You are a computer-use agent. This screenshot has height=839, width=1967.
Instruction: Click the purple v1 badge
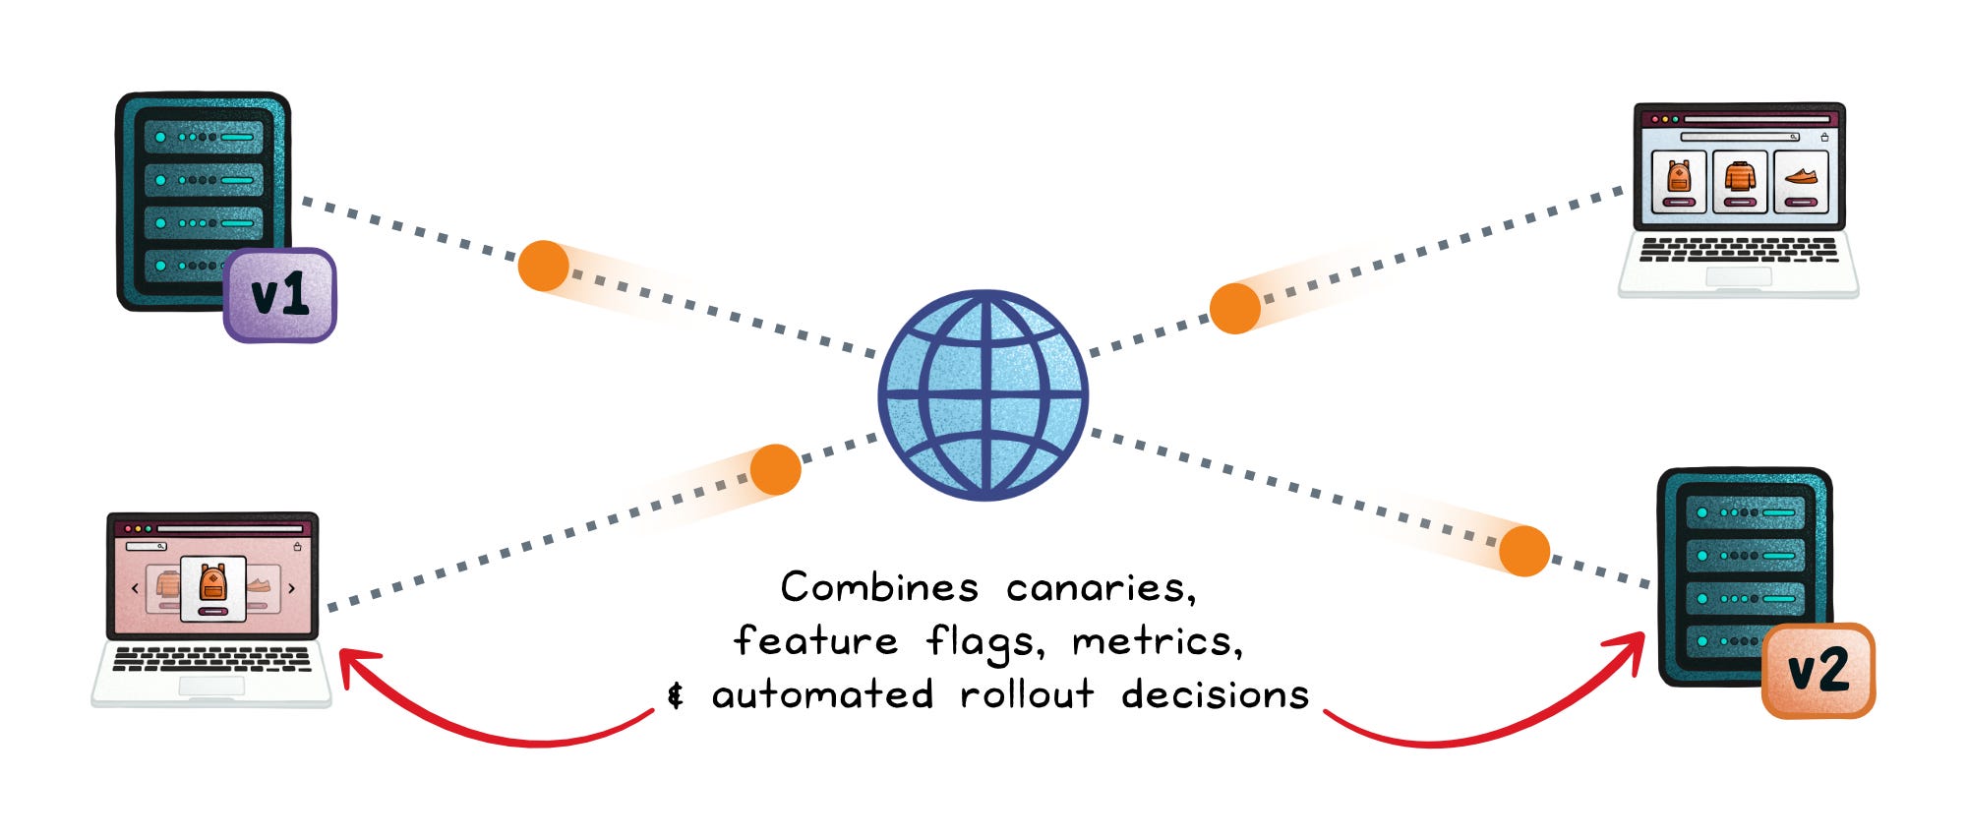280,295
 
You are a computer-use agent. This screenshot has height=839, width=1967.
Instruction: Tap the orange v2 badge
1818,671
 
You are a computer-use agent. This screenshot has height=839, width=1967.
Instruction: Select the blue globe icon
983,395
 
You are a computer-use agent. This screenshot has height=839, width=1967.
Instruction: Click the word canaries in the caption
1101,588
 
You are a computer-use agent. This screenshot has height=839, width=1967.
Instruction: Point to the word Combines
879,587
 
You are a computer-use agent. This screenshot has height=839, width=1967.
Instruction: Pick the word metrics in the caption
1157,642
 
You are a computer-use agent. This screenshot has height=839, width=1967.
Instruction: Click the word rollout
1027,694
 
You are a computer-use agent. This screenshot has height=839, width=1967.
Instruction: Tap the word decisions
1216,694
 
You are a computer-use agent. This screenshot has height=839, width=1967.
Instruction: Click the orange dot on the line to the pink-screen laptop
775,469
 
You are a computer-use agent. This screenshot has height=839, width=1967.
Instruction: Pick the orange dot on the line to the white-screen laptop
1235,308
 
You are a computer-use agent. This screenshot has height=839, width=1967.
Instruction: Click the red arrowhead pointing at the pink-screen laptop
354,665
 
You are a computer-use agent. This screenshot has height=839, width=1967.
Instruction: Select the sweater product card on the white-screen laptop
1740,181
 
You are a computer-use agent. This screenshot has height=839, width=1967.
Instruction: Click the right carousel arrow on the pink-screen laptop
292,588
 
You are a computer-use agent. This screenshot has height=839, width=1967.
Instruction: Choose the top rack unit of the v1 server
204,137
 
